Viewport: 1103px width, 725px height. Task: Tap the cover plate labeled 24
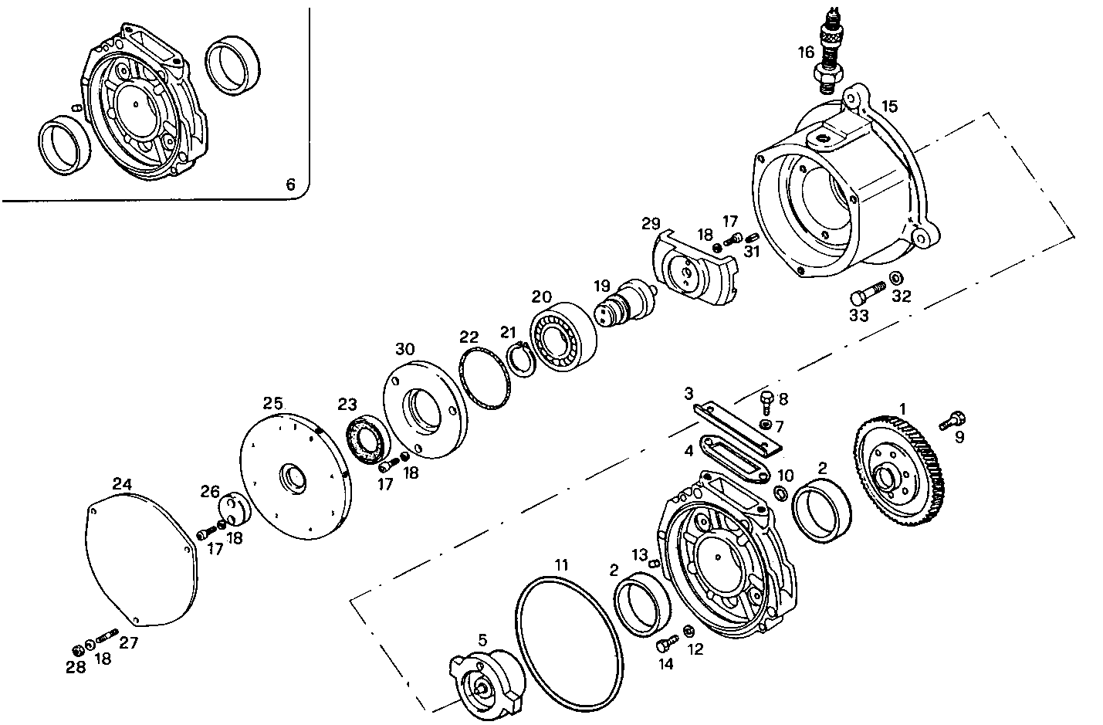(140, 561)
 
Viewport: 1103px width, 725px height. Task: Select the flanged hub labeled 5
(486, 679)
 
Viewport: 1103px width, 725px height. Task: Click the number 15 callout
(889, 106)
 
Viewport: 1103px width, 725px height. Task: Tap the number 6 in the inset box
(290, 185)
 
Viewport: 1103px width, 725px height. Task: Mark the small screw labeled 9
(952, 420)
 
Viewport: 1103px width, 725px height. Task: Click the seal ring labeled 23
(367, 442)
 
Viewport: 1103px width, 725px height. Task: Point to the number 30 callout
(405, 349)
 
